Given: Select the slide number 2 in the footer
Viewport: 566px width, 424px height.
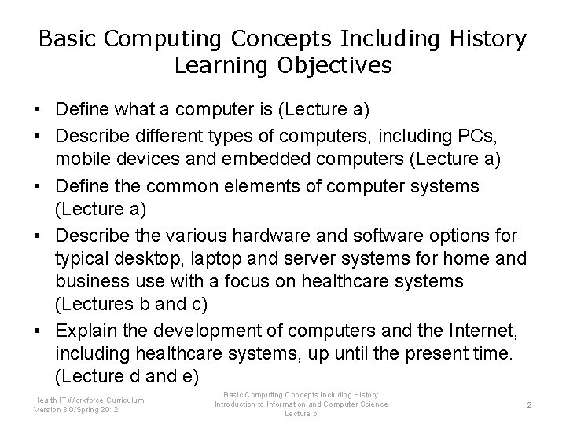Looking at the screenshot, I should pos(530,404).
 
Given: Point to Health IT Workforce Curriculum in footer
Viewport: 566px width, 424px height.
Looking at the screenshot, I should pos(89,400).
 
